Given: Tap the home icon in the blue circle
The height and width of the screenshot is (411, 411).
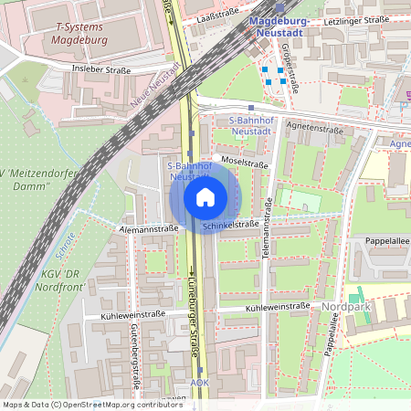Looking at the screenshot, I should pyautogui.click(x=205, y=197).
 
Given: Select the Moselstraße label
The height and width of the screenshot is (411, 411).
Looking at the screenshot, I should pyautogui.click(x=245, y=164).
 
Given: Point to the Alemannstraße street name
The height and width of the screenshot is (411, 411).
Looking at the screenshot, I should pyautogui.click(x=148, y=228).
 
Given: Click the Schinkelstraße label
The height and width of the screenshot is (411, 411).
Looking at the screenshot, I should pyautogui.click(x=231, y=224).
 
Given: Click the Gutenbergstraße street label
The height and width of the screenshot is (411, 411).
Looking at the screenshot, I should pyautogui.click(x=135, y=355).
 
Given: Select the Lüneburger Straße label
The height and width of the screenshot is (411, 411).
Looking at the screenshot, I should pyautogui.click(x=194, y=309).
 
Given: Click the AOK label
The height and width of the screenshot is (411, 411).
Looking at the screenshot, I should pyautogui.click(x=200, y=383).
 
